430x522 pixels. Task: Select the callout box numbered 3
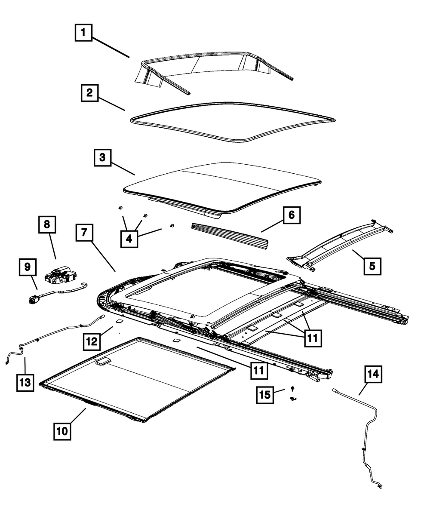click(102, 157)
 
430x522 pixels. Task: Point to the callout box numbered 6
click(292, 215)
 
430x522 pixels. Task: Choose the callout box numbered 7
click(84, 233)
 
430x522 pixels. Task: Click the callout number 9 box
click(28, 267)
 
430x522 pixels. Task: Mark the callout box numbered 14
click(373, 374)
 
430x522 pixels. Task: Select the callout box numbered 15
click(265, 395)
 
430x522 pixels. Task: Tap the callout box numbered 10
click(62, 430)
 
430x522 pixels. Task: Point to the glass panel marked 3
click(224, 185)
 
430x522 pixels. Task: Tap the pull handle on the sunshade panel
click(103, 362)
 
